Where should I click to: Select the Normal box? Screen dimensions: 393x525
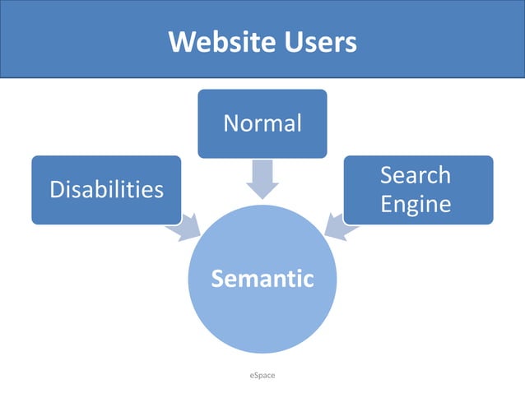click(262, 123)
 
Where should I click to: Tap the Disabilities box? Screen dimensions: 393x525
click(106, 190)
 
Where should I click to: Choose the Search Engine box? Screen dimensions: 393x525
click(417, 189)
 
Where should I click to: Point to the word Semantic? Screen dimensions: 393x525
click(262, 279)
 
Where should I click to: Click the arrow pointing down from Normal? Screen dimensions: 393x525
click(262, 178)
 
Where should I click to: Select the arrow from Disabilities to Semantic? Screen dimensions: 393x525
click(187, 225)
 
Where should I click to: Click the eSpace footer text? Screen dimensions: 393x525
click(262, 375)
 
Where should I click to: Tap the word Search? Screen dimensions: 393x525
click(416, 175)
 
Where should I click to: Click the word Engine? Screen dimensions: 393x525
click(416, 203)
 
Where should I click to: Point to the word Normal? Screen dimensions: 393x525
click(262, 123)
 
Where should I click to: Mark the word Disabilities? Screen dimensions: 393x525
click(106, 190)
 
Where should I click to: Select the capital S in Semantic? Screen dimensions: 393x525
click(218, 279)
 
